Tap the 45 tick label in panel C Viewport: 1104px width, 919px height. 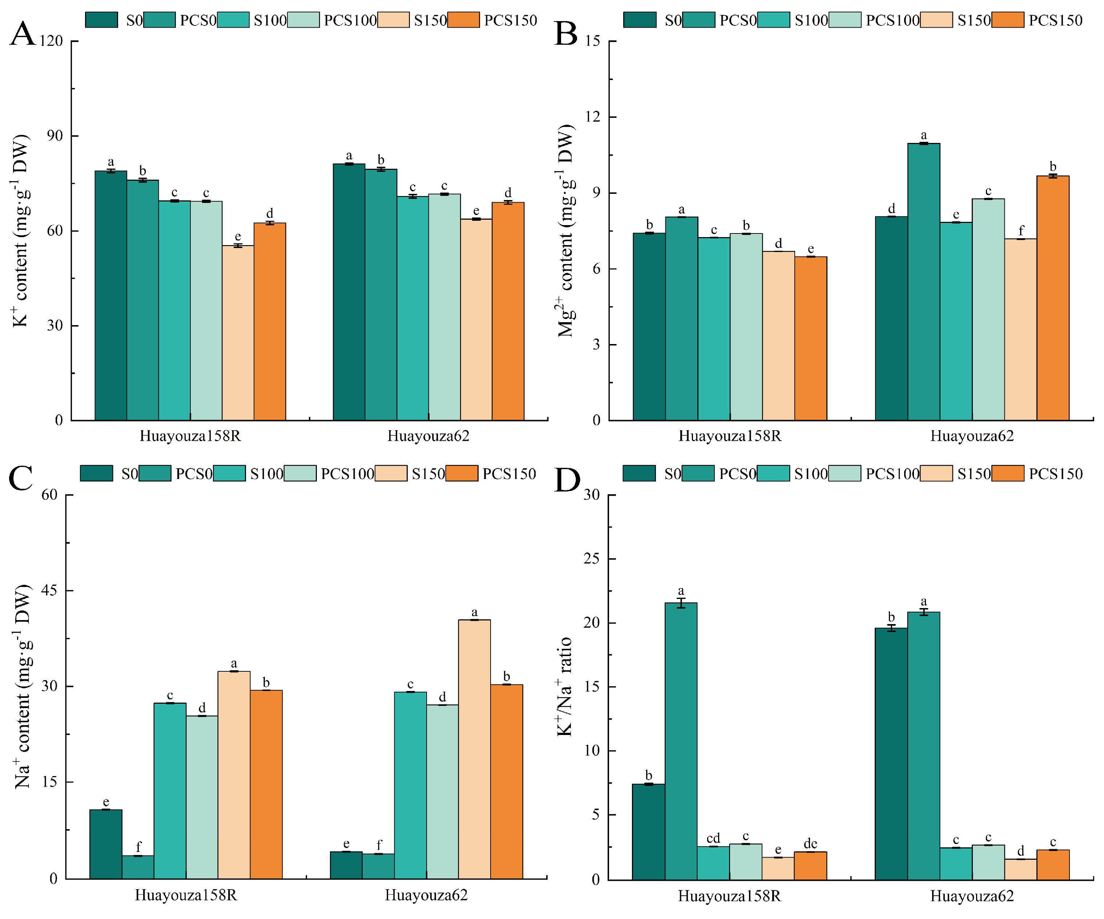(49, 591)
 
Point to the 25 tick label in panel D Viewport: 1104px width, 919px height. (592, 559)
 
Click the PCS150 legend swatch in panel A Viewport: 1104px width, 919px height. (463, 20)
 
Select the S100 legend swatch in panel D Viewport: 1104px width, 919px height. (773, 474)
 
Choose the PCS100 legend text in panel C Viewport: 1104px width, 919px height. (347, 474)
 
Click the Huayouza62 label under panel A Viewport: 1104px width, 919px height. (428, 436)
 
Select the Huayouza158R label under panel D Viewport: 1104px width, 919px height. (729, 896)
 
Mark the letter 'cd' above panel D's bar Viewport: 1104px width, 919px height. (713, 838)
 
